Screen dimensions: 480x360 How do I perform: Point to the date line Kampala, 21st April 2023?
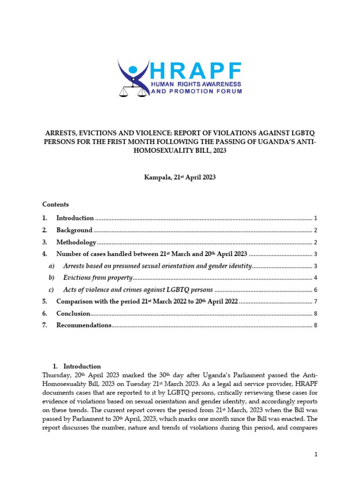[180, 179]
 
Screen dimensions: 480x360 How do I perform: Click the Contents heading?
[55, 204]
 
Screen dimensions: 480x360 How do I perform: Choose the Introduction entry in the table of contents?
[75, 218]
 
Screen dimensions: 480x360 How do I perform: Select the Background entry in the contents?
[74, 230]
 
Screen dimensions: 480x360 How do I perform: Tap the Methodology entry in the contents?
[76, 242]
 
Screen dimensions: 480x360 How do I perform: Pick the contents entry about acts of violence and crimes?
[138, 290]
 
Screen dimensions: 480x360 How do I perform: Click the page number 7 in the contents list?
[316, 301]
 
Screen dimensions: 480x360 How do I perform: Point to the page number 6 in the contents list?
[316, 290]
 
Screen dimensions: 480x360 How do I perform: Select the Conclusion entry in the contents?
[73, 314]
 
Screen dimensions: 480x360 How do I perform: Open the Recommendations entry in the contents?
[83, 325]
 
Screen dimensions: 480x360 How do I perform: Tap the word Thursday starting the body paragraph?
[56, 375]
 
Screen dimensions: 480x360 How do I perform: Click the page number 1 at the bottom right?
[316, 454]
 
